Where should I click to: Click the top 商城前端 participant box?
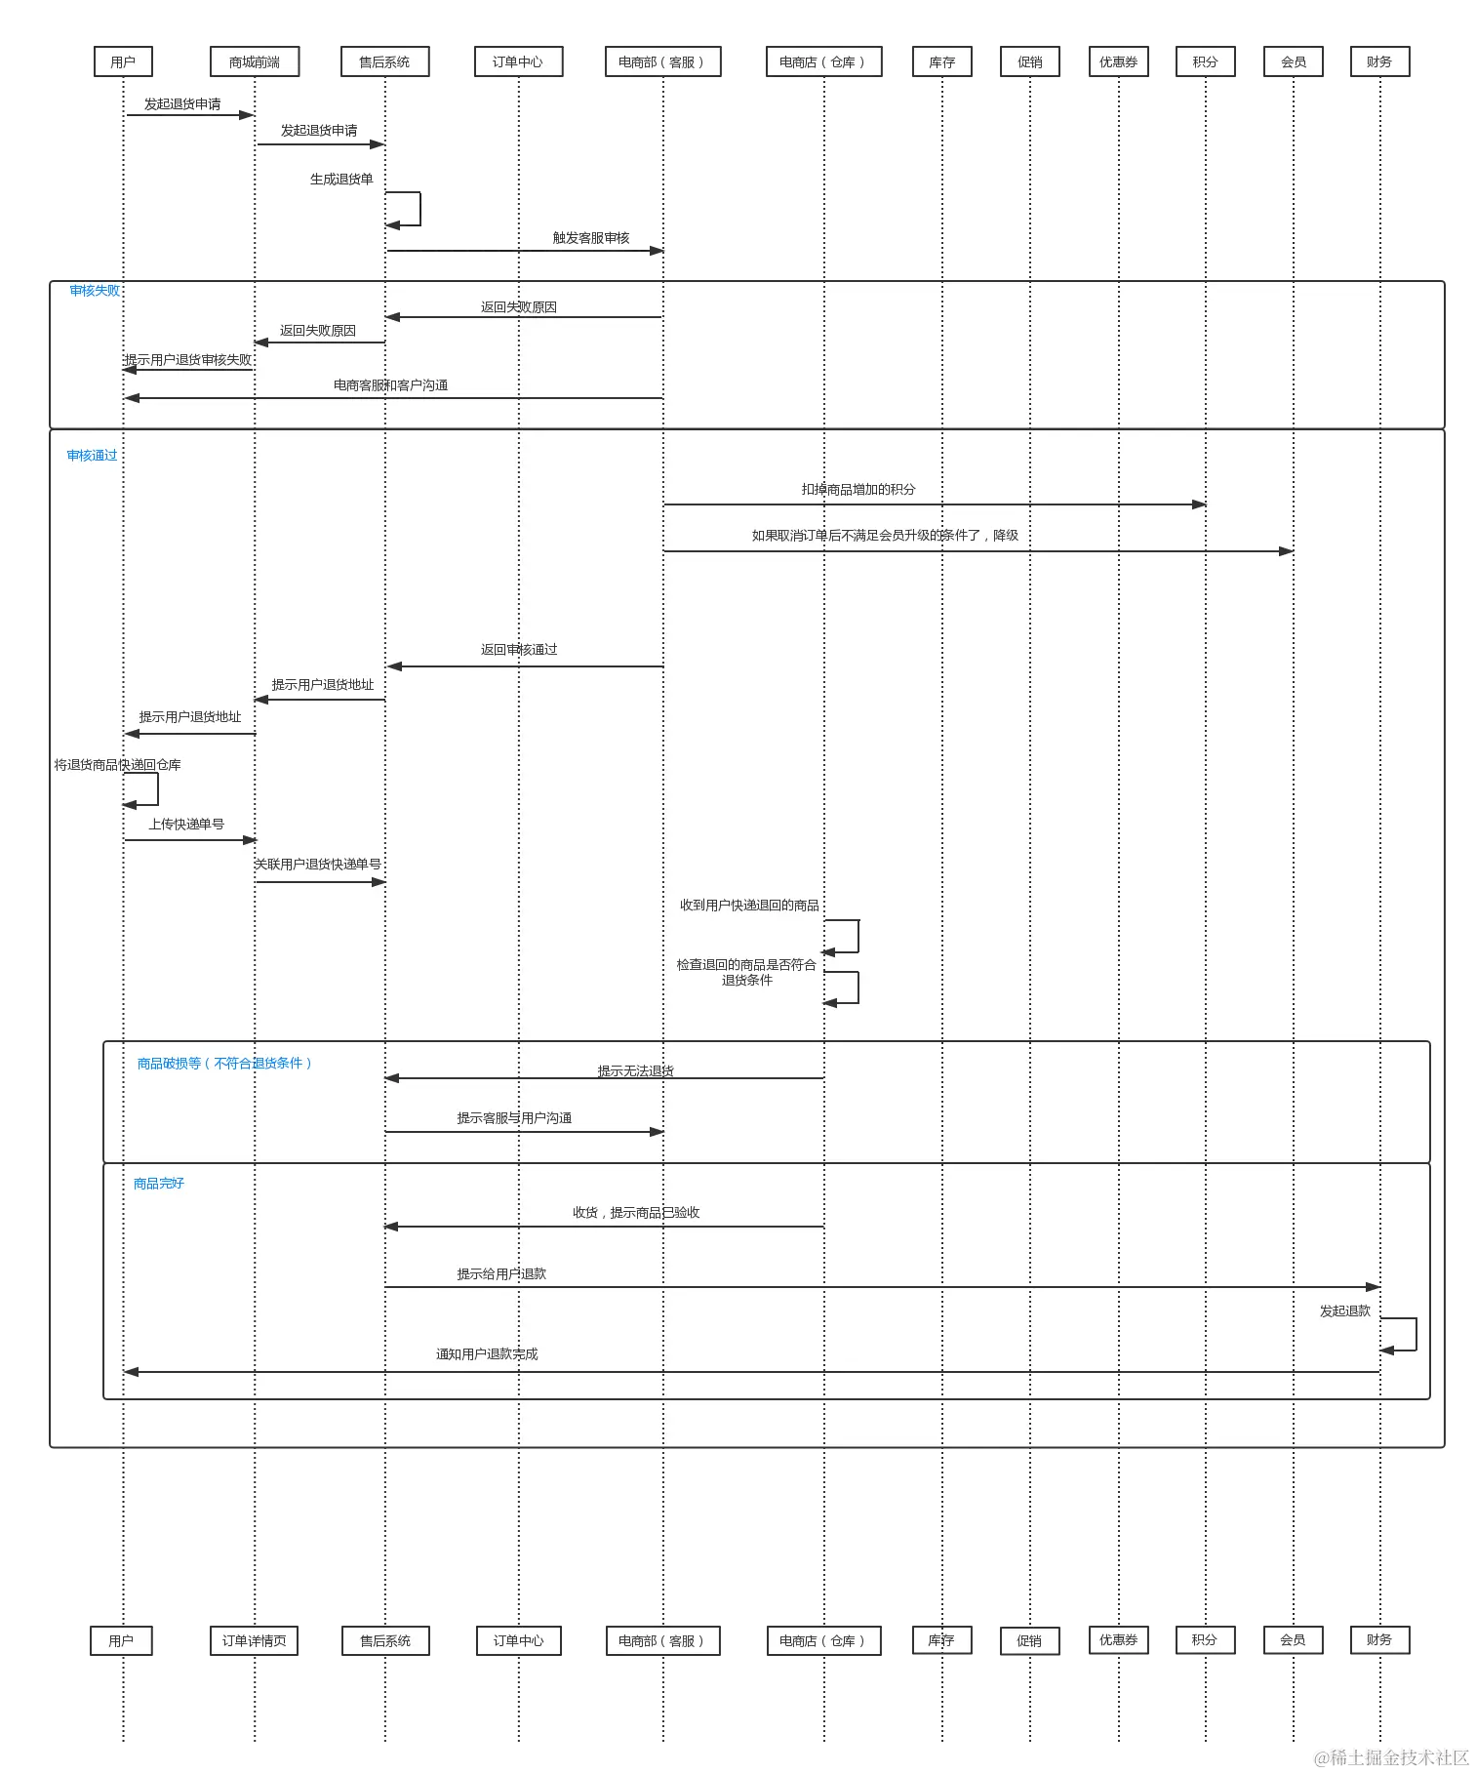(x=255, y=61)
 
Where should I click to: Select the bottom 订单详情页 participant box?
(x=254, y=1640)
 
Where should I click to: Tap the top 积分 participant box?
(x=1205, y=61)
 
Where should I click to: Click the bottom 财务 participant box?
(x=1379, y=1639)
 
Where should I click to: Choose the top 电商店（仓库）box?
(x=822, y=61)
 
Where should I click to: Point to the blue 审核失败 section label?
(x=95, y=291)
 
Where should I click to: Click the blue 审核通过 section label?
(x=92, y=456)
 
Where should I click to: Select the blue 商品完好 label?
(x=159, y=1184)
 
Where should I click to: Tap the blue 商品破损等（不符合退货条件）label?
(x=224, y=1064)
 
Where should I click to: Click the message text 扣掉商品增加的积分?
(x=858, y=490)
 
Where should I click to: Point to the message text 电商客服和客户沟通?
(x=390, y=385)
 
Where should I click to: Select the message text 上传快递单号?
(x=186, y=825)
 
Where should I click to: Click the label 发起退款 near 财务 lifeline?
(x=1345, y=1311)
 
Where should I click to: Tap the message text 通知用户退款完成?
(x=487, y=1354)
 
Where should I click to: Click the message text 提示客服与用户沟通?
(x=514, y=1118)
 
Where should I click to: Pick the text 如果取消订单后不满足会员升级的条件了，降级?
(x=885, y=536)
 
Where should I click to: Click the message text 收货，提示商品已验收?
(x=636, y=1213)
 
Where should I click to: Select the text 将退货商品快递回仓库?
(x=117, y=765)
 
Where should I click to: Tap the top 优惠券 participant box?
(x=1119, y=61)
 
